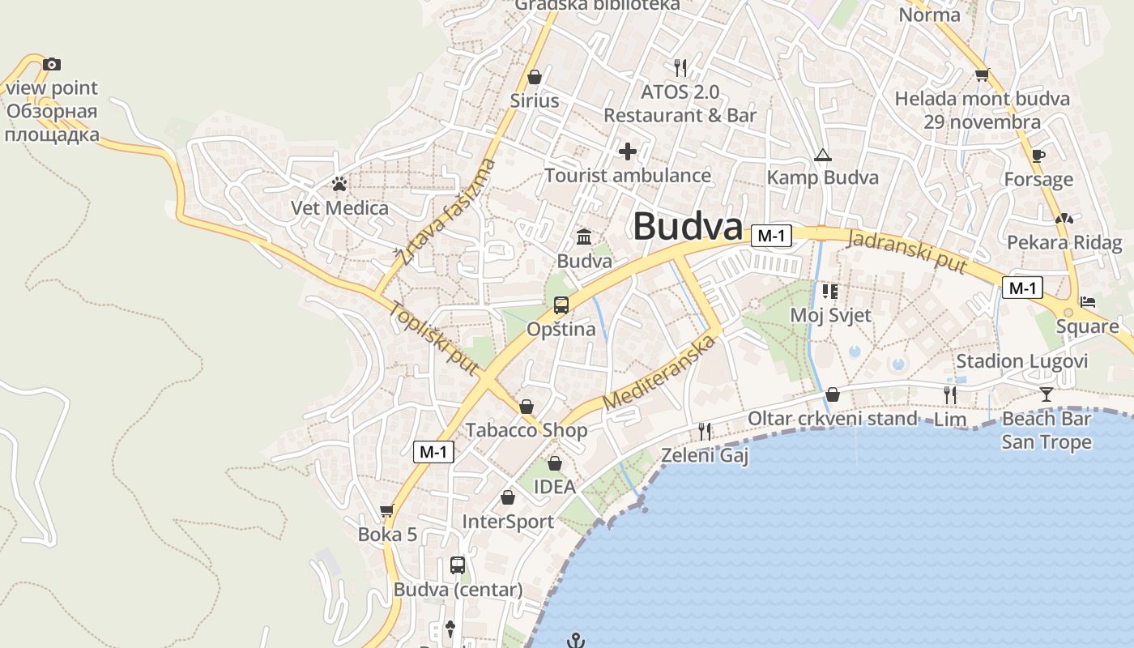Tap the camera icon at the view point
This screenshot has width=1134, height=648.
[52, 64]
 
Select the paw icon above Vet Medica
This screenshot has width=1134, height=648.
[339, 185]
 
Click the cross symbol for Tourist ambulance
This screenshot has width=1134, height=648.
[628, 151]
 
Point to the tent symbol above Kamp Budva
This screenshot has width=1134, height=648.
[823, 155]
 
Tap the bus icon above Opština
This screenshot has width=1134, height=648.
[561, 305]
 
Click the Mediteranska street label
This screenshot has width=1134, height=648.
[660, 373]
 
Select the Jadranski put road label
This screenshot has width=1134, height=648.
[907, 252]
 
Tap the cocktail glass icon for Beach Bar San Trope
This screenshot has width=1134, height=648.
[1047, 394]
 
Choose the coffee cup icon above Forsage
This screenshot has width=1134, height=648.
[1038, 156]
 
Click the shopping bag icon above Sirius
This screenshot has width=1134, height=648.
[535, 77]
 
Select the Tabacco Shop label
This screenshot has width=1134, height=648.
[526, 430]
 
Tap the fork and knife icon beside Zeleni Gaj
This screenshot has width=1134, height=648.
[705, 432]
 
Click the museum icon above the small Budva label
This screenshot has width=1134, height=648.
[584, 237]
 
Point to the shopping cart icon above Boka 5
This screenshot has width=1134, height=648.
[387, 510]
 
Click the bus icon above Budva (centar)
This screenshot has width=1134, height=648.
[458, 565]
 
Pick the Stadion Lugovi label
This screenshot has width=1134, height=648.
[1021, 361]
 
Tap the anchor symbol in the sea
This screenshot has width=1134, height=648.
[576, 641]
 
